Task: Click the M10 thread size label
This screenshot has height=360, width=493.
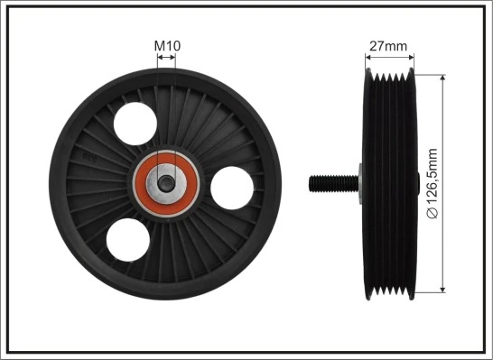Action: pyautogui.click(x=166, y=44)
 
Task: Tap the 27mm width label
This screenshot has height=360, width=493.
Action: pyautogui.click(x=388, y=44)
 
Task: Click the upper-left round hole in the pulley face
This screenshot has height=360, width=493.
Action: pyautogui.click(x=135, y=122)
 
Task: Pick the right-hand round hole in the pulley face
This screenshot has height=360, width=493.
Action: pyautogui.click(x=231, y=187)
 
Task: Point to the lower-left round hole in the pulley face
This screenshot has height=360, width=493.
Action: pyautogui.click(x=127, y=239)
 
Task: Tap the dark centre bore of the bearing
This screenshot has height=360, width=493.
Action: pyautogui.click(x=166, y=181)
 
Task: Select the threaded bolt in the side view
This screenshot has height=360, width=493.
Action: pyautogui.click(x=330, y=183)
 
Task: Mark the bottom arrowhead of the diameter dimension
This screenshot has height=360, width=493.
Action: pyautogui.click(x=443, y=289)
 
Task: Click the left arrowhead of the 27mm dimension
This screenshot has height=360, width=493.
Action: pyautogui.click(x=367, y=57)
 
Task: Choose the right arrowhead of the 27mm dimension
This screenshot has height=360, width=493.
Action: pyautogui.click(x=411, y=57)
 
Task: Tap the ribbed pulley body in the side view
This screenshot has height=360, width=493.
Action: pyautogui.click(x=388, y=183)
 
